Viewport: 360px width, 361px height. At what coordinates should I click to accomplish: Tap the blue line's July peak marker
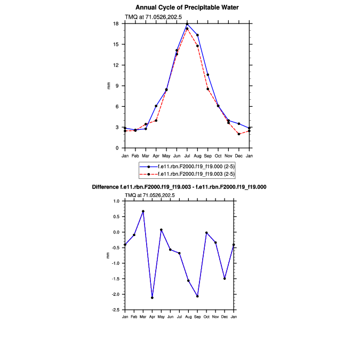click(x=187, y=23)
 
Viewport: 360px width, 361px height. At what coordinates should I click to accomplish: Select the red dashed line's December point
click(x=239, y=134)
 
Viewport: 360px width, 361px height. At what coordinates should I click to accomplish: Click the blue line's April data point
click(x=156, y=106)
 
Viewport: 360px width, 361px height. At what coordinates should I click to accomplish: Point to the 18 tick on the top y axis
click(x=116, y=23)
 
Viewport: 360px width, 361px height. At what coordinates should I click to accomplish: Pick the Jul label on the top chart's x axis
click(x=187, y=155)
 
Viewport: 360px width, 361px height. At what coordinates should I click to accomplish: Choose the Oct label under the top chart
click(x=218, y=155)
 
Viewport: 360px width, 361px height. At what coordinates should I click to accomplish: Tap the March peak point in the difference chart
click(x=143, y=211)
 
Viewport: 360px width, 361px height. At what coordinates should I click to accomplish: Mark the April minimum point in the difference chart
click(x=152, y=297)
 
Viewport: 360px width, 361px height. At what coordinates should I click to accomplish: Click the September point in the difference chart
click(x=197, y=296)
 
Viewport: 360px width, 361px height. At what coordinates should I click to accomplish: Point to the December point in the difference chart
click(x=225, y=278)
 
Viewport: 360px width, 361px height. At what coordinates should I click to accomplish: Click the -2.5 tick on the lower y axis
click(x=115, y=310)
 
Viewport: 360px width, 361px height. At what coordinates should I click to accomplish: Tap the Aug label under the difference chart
click(x=188, y=317)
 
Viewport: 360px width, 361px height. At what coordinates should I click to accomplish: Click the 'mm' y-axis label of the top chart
click(x=109, y=85)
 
